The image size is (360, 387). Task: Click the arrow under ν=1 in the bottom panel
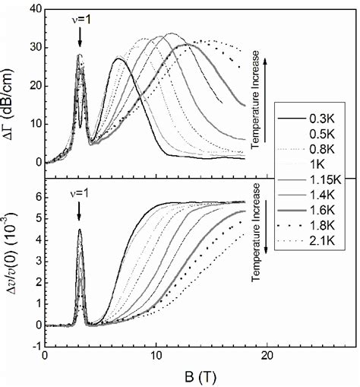pyautogui.click(x=80, y=213)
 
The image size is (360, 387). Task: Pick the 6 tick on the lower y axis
pyautogui.click(x=37, y=196)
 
